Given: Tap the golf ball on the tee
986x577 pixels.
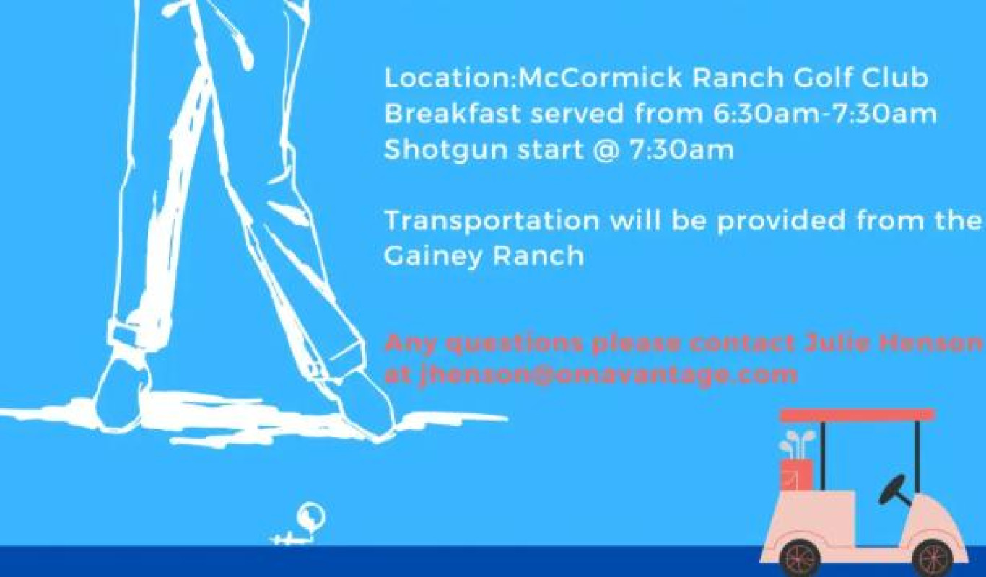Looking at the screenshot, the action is click(311, 516).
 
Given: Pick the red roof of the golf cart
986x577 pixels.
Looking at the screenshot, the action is click(858, 415).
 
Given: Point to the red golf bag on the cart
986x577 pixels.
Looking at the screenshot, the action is click(797, 475).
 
